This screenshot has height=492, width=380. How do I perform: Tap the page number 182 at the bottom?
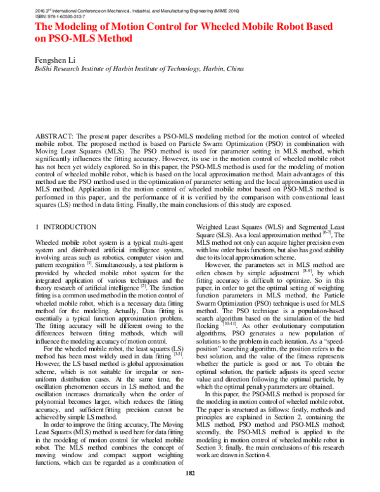[189, 474]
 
